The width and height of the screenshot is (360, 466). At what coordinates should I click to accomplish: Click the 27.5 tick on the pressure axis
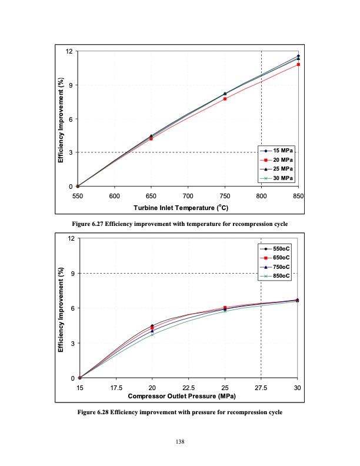click(261, 388)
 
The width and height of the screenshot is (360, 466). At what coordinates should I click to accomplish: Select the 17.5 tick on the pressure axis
click(116, 388)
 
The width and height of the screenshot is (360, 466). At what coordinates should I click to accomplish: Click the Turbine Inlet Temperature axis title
click(181, 208)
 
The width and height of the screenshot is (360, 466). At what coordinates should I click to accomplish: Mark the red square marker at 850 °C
click(298, 64)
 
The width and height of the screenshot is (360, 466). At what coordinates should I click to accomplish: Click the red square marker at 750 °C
click(225, 99)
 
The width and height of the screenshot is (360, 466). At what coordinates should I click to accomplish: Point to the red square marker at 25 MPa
click(225, 308)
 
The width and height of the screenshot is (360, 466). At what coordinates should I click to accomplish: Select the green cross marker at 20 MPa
click(152, 334)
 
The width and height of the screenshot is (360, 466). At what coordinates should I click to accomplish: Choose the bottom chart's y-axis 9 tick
click(71, 273)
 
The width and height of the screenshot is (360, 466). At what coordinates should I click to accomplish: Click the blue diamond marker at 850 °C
click(298, 56)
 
